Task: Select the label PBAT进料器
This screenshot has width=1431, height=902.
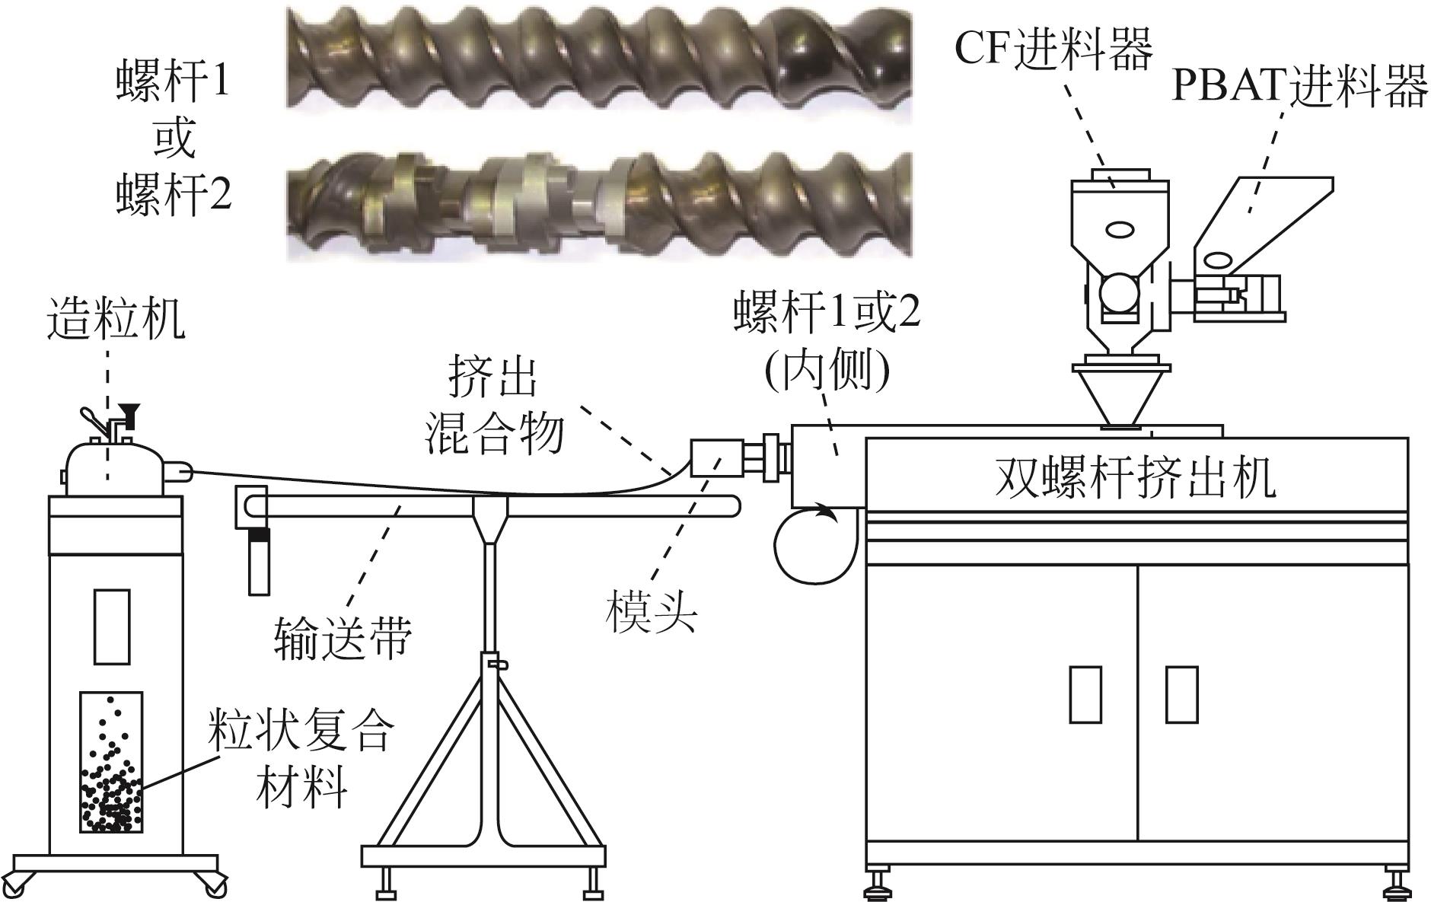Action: point(1299,87)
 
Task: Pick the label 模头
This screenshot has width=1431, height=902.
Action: point(652,614)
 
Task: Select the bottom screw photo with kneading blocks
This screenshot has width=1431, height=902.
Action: point(598,205)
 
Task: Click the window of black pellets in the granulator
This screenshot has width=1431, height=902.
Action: point(111,761)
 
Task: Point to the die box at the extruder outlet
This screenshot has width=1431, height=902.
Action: point(715,459)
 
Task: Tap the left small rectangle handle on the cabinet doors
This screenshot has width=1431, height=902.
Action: point(1085,693)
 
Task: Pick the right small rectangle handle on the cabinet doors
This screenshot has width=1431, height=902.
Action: point(1182,693)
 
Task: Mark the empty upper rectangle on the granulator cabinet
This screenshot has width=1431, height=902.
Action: point(112,625)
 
